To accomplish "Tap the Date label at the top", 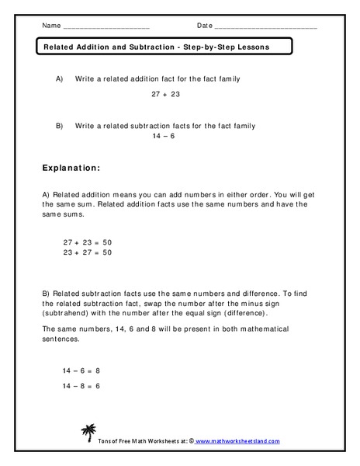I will (205, 26).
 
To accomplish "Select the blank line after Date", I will (265, 27).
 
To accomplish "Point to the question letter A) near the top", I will (60, 79).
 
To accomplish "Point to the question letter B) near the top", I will (60, 125).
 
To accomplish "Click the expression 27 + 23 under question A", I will (164, 95).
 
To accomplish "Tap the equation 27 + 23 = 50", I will (88, 242).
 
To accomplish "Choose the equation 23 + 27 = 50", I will (88, 252).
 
